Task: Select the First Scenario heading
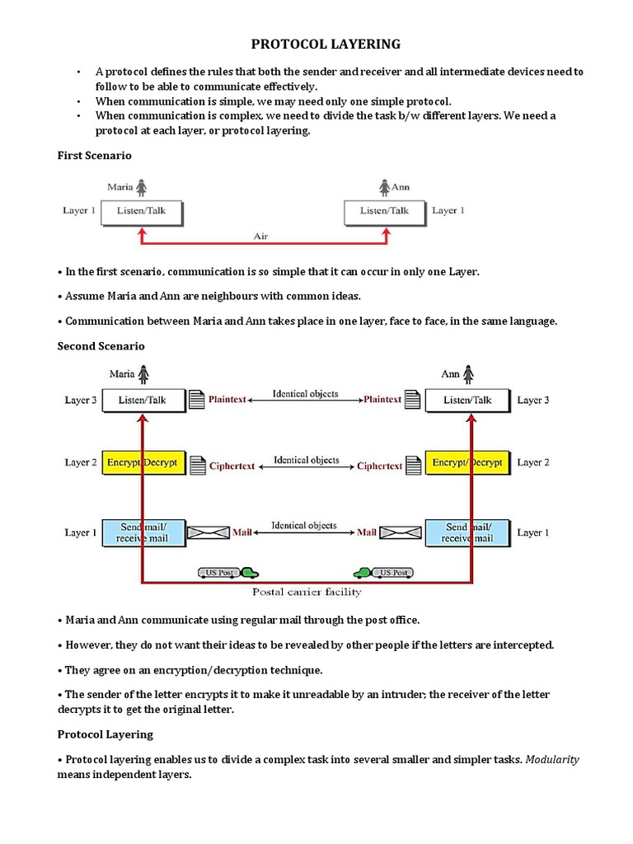[x=94, y=155]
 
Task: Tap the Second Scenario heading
[x=101, y=346]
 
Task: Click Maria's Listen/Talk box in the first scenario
[x=141, y=212]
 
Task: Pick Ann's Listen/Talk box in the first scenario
[x=384, y=212]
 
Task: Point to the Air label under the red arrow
[x=260, y=236]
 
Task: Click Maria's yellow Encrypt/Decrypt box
[x=143, y=463]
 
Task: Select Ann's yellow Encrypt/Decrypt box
[x=467, y=463]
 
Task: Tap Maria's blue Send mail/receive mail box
[x=143, y=532]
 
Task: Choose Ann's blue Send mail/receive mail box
[x=467, y=532]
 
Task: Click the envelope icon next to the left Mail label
[x=209, y=533]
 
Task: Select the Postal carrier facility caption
[x=306, y=592]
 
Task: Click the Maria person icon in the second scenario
[x=143, y=374]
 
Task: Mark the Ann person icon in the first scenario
[x=383, y=187]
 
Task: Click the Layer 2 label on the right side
[x=532, y=463]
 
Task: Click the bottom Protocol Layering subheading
[x=105, y=734]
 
